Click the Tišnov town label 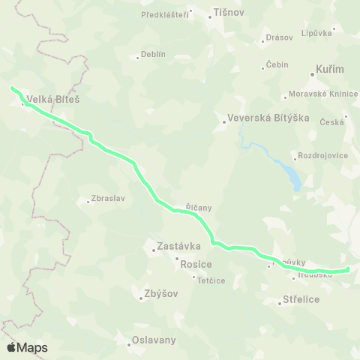(229, 13)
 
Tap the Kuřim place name (330, 69)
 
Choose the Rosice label (196, 264)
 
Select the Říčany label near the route (199, 206)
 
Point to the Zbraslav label (106, 199)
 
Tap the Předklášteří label (164, 13)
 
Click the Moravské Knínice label (319, 95)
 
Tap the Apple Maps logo (27, 347)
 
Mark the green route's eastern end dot (348, 269)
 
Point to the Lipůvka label (316, 33)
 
